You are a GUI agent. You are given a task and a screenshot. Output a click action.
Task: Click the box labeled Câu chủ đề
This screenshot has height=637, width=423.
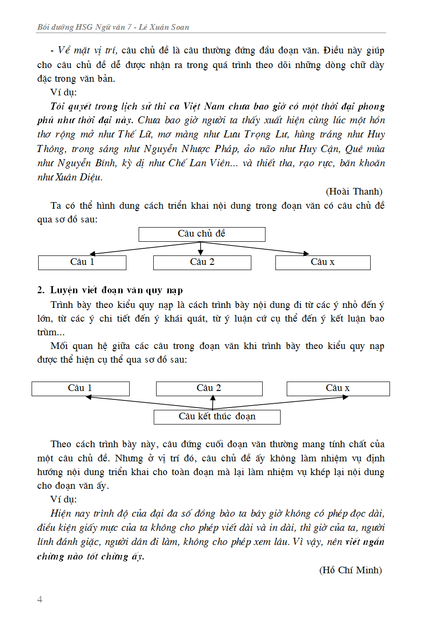click(202, 234)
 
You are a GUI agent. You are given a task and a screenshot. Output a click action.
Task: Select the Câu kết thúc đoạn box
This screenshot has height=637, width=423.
click(217, 417)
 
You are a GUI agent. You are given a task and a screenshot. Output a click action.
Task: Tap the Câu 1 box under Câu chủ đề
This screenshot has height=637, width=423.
click(82, 263)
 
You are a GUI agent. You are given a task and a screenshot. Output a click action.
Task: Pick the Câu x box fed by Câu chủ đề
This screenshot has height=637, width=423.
click(323, 263)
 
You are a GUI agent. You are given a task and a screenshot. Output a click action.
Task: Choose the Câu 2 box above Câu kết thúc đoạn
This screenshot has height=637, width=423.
click(209, 389)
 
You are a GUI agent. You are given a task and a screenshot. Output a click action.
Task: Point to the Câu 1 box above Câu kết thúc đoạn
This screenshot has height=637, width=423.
click(80, 389)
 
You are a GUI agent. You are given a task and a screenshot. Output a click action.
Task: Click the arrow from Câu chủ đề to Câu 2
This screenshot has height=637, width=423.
click(201, 248)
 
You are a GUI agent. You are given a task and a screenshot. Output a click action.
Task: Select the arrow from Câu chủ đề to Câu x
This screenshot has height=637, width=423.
click(264, 249)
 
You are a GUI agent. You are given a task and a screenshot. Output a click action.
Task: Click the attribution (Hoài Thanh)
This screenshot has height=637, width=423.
click(354, 191)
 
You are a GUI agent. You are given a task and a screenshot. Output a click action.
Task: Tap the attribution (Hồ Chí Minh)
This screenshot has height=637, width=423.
click(350, 570)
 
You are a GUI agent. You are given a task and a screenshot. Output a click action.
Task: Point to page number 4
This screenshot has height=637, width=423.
click(40, 599)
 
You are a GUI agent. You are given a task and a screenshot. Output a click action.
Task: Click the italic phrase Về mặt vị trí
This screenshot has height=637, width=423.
click(87, 51)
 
